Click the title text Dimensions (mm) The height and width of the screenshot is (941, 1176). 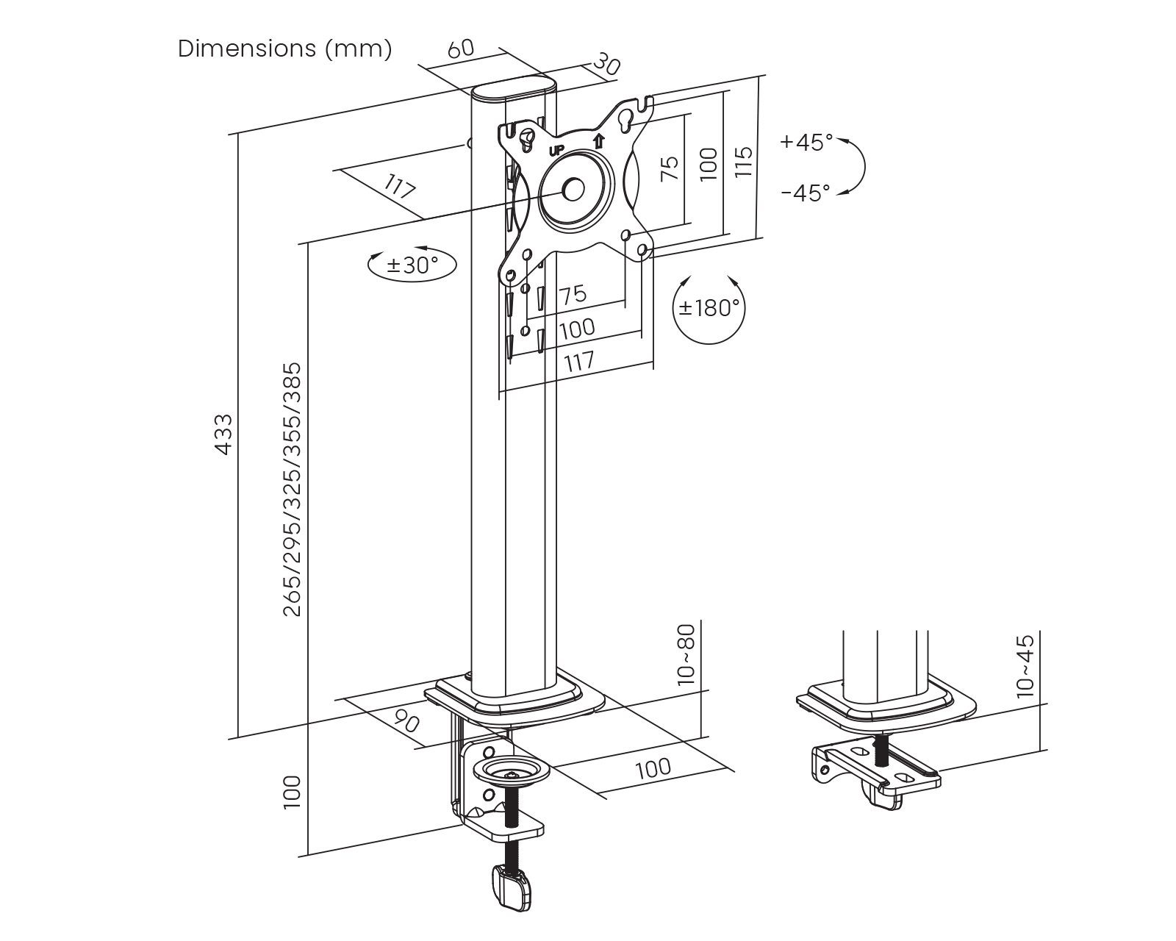click(x=284, y=49)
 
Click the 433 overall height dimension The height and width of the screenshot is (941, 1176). click(x=223, y=434)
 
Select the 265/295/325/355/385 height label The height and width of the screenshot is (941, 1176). click(x=293, y=489)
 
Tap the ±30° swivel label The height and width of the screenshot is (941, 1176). click(x=412, y=265)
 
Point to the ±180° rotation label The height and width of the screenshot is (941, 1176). click(x=709, y=307)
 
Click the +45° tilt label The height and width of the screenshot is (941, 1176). click(x=806, y=142)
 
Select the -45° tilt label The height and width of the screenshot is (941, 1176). click(x=806, y=193)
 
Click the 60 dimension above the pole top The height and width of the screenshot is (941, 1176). click(x=461, y=49)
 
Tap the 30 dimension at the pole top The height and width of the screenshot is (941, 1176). click(x=607, y=64)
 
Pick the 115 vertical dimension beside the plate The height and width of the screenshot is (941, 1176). click(x=743, y=161)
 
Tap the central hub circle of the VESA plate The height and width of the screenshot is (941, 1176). click(x=573, y=189)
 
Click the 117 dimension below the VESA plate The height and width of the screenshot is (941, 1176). click(x=579, y=362)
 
